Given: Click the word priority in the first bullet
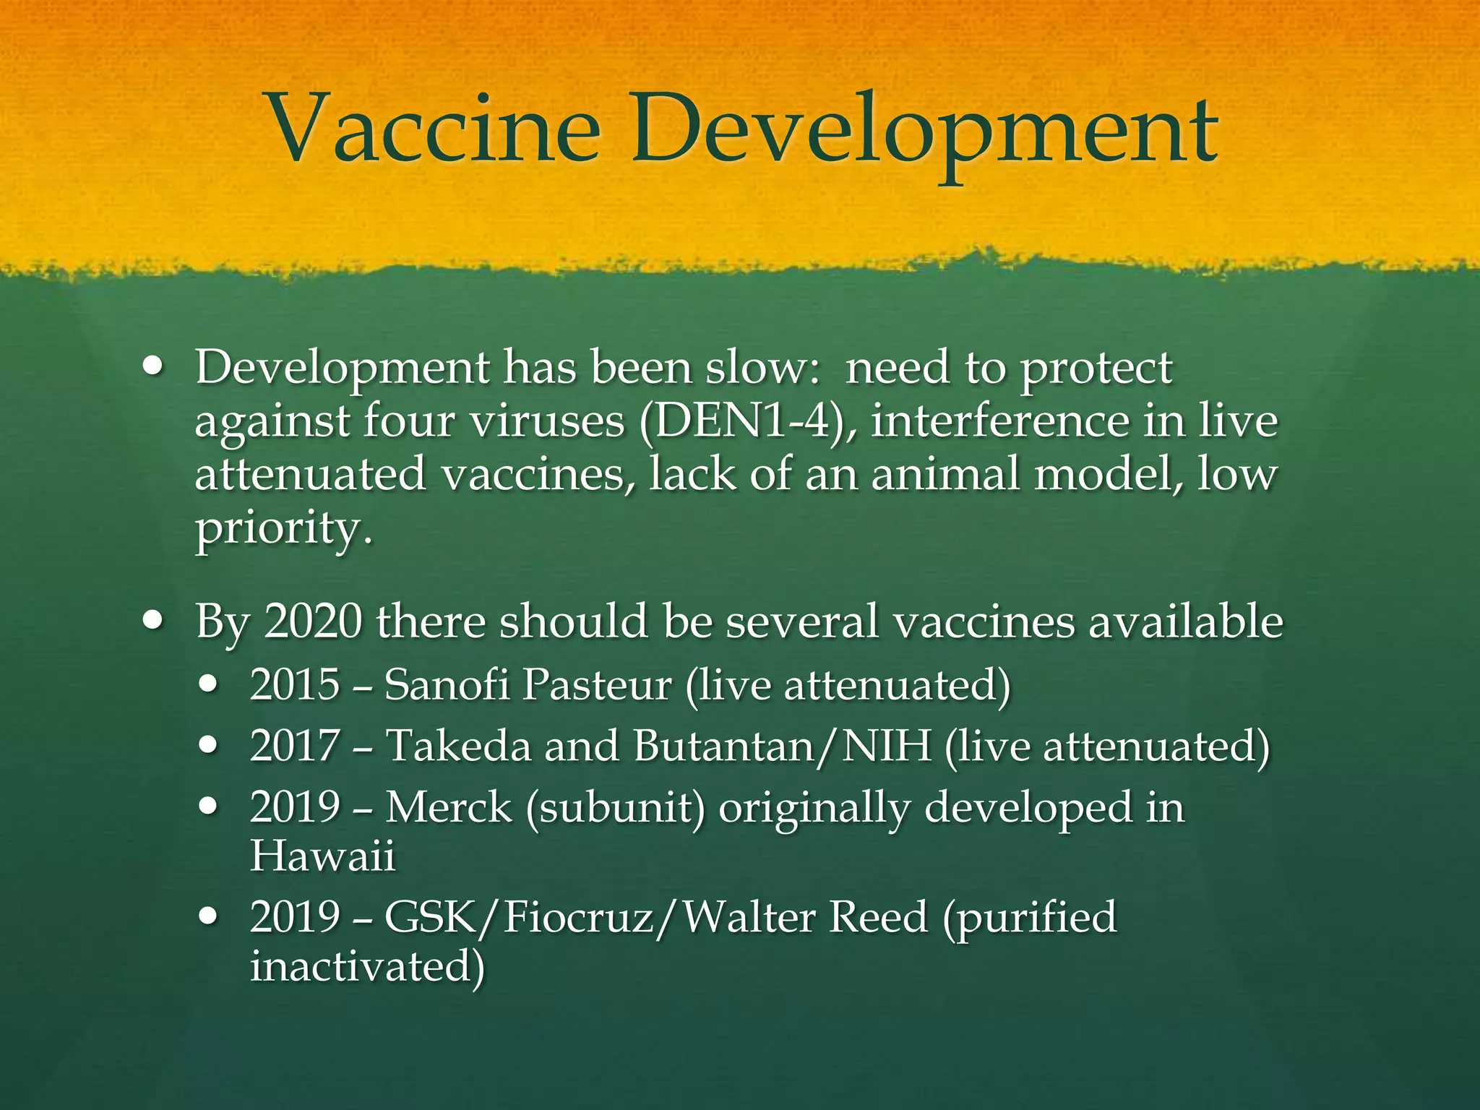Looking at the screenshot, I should coord(284,529).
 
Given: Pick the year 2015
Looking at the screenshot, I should coord(295,684).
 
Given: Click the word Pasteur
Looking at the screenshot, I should coord(597,684).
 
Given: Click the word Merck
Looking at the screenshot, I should coord(448,806).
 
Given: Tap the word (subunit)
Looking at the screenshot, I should coord(615,808).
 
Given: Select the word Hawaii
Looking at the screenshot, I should coord(322,856).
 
